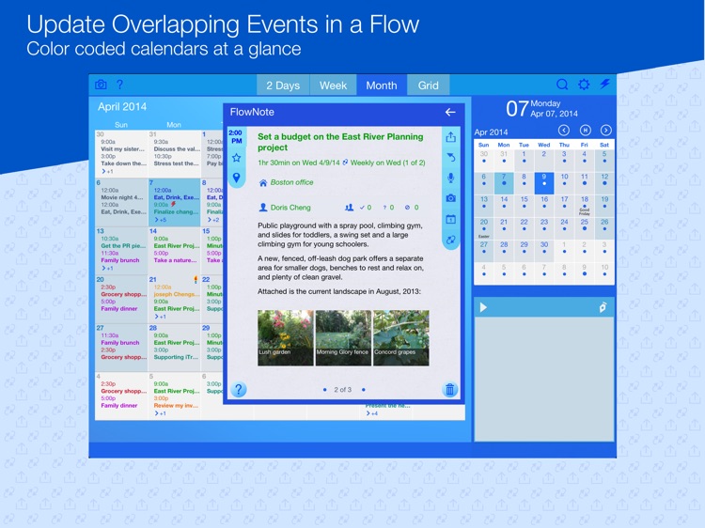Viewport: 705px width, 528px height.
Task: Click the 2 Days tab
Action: tap(282, 85)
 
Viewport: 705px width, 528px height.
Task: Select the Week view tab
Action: tap(333, 85)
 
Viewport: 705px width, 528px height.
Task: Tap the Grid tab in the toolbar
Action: tap(428, 85)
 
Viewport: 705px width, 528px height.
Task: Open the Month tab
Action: tap(381, 85)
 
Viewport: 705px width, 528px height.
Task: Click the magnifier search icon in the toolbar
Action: tap(562, 85)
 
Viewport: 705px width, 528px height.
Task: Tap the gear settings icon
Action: tap(584, 85)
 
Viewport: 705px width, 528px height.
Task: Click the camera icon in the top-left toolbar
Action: tap(101, 85)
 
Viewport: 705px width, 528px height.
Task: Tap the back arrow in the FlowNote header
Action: tap(450, 112)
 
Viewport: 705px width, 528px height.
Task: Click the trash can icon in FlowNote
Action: tap(450, 389)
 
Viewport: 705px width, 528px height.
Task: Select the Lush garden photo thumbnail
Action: tap(285, 337)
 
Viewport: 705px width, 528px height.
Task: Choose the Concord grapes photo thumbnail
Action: tap(400, 337)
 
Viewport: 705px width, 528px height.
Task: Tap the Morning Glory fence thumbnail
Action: tap(343, 337)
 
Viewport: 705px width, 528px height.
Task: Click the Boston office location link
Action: tap(290, 182)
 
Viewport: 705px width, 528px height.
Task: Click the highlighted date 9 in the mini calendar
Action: tap(543, 178)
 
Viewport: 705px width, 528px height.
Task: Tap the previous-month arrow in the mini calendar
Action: tap(564, 131)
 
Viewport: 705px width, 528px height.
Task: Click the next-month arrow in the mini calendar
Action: tap(605, 131)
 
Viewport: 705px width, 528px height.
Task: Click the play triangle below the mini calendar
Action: tap(483, 307)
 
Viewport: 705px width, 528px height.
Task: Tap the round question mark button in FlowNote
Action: tap(239, 389)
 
